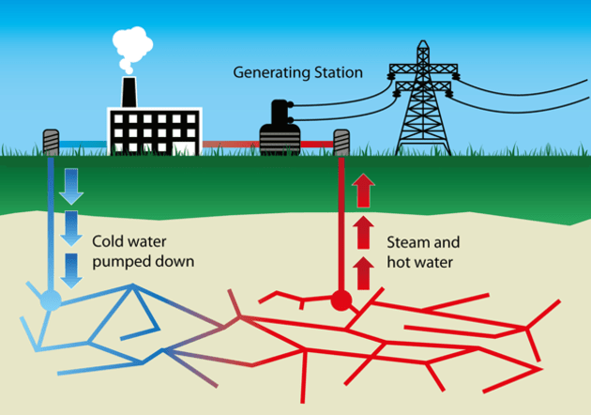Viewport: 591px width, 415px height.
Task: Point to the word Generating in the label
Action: coord(267,72)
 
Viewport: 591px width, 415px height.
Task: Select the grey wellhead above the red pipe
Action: coord(341,143)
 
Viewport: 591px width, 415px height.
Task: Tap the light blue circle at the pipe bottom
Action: coord(50,300)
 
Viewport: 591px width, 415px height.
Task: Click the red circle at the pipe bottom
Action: coord(341,301)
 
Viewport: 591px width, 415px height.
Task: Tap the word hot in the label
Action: coord(398,261)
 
